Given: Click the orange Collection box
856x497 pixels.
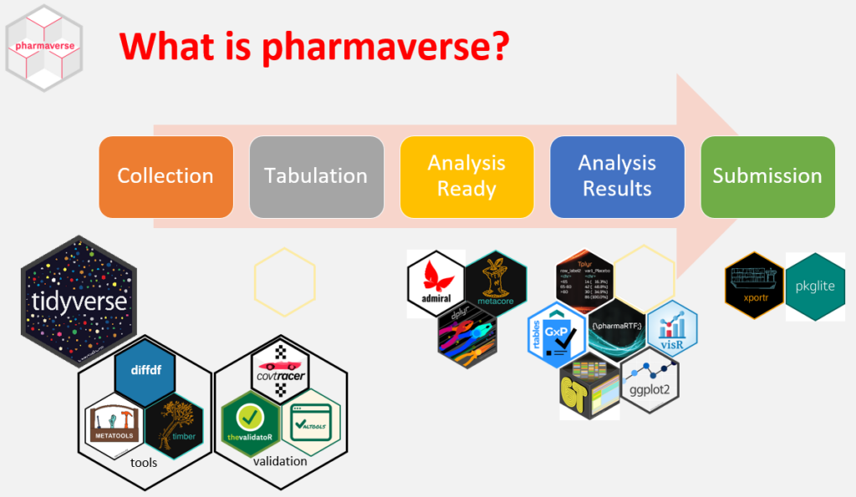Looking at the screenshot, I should click(x=166, y=176).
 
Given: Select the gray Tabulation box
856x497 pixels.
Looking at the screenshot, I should click(x=316, y=176).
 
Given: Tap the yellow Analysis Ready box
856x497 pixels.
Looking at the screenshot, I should click(x=466, y=176).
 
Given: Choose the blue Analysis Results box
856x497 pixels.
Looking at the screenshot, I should click(x=617, y=176).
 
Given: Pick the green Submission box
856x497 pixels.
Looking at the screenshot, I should click(x=767, y=176).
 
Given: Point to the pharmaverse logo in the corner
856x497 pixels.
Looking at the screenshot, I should click(x=43, y=47).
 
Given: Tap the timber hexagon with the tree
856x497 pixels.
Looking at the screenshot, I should click(x=174, y=423).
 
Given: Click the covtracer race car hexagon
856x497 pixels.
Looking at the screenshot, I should click(x=281, y=368).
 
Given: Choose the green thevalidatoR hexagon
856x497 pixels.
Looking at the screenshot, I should click(x=250, y=423).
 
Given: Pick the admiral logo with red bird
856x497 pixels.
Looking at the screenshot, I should click(x=436, y=283).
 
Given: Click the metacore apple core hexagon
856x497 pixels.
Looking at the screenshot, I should click(x=495, y=284).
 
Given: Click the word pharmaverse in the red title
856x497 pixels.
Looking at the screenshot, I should click(x=384, y=46).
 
